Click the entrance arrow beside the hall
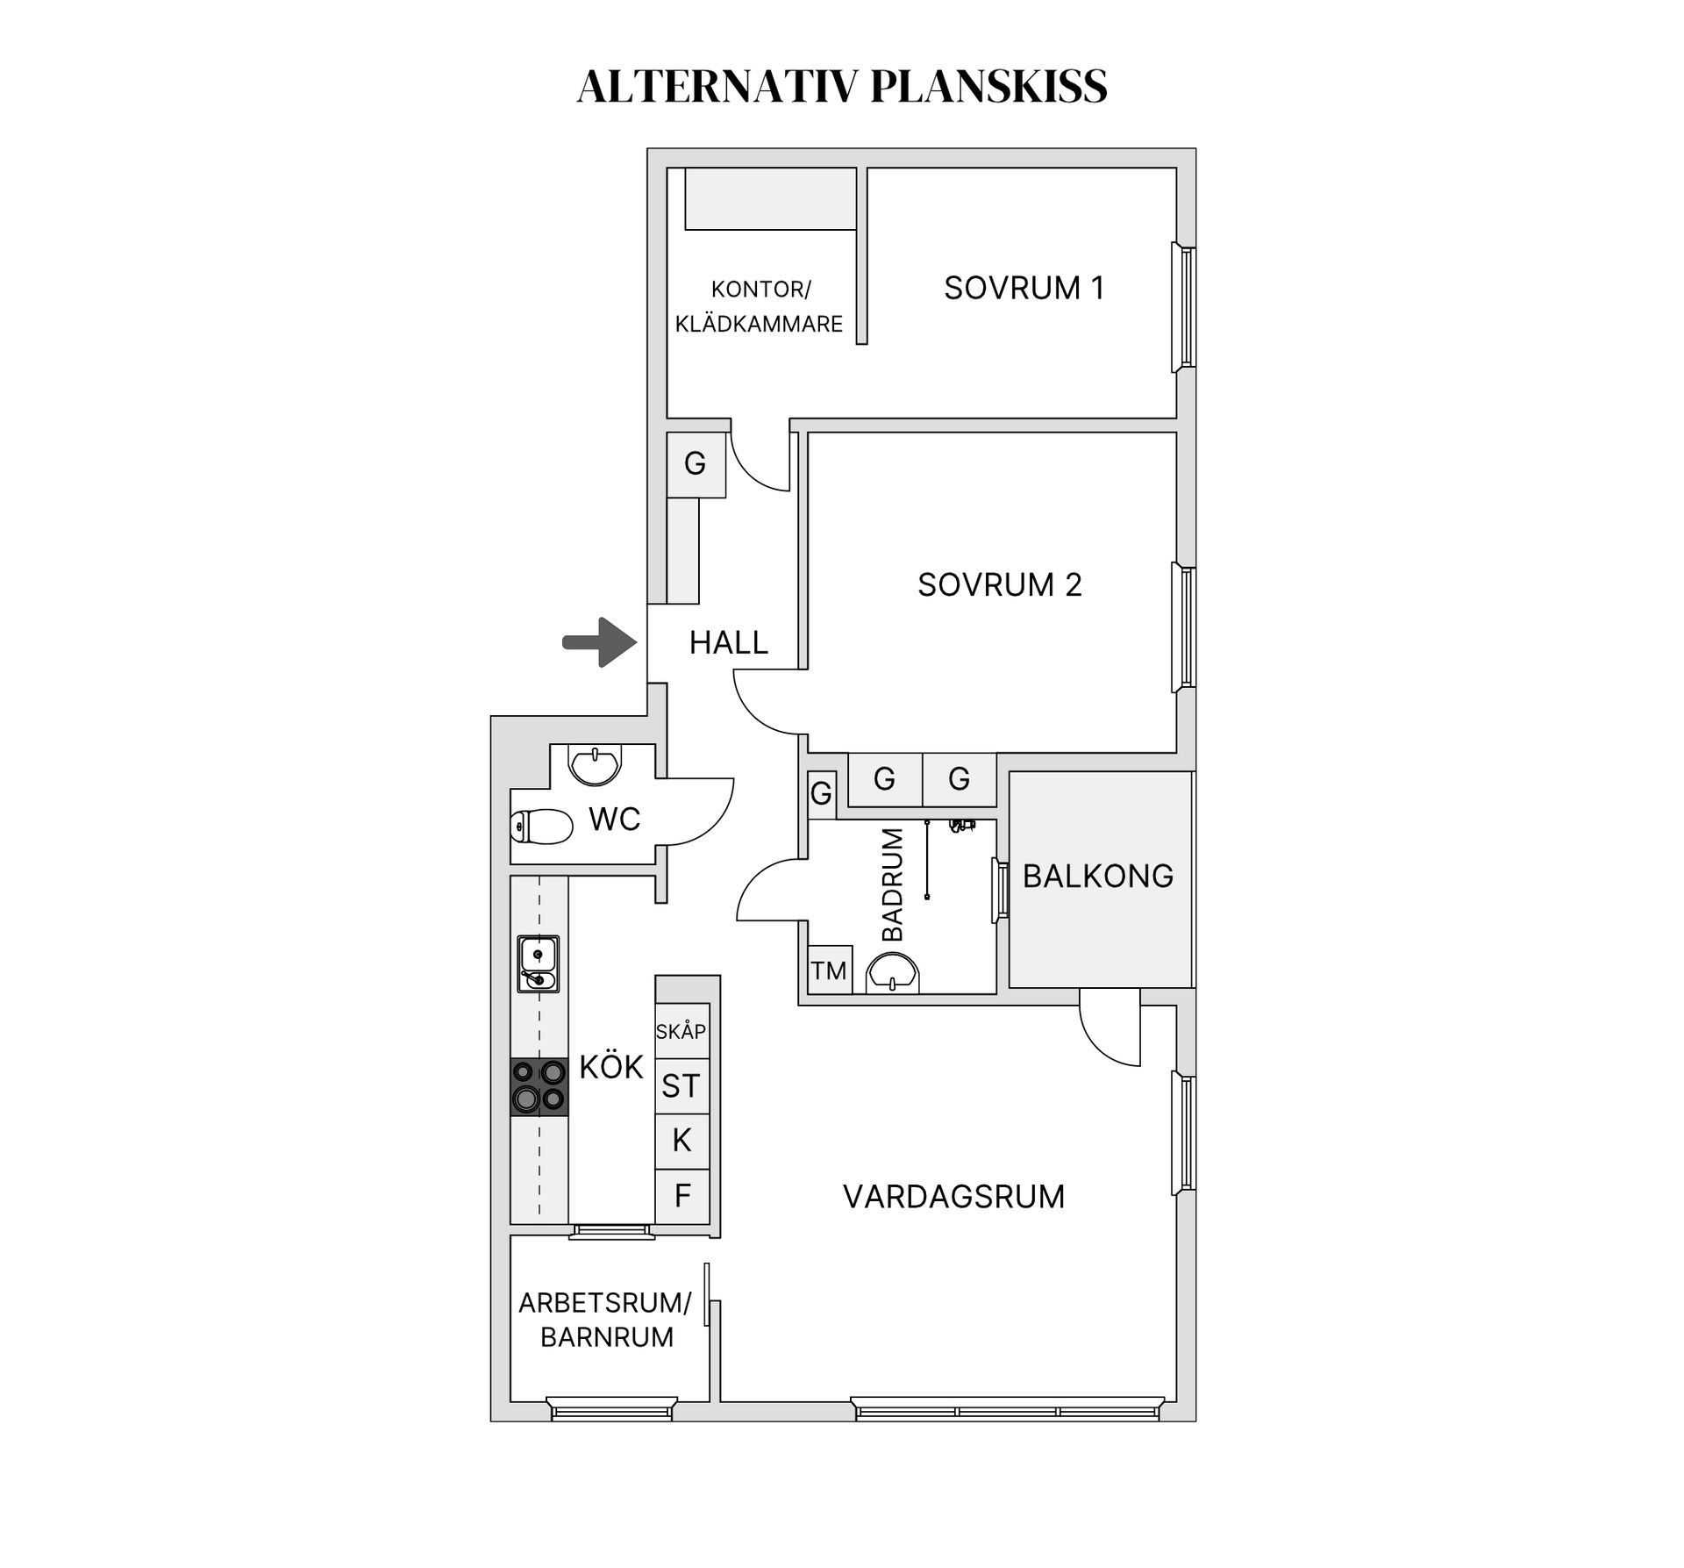[x=600, y=642]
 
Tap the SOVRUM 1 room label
[x=1024, y=288]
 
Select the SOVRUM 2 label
[x=999, y=584]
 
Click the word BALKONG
[x=1098, y=876]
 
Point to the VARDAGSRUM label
[x=953, y=1196]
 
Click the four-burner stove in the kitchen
[x=539, y=1086]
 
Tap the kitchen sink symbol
[x=538, y=963]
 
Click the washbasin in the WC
[x=596, y=764]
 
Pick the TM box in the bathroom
[x=829, y=970]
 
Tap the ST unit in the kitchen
[x=681, y=1086]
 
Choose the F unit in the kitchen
[x=681, y=1196]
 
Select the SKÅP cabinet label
[x=681, y=1031]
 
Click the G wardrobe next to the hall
[x=696, y=464]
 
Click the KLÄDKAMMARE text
[x=759, y=324]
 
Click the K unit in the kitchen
[x=681, y=1141]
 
